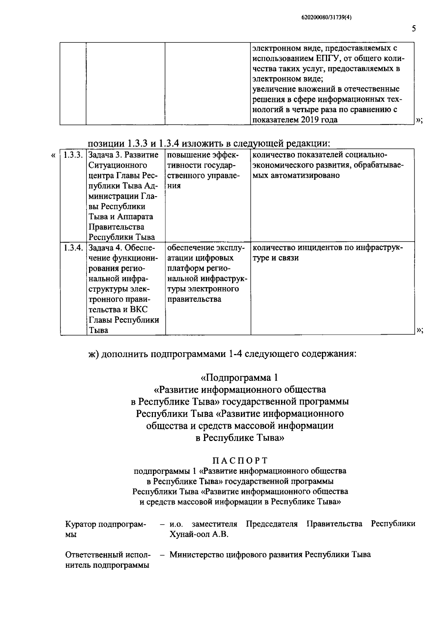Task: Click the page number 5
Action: [414, 28]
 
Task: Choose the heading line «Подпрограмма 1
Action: [242, 377]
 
